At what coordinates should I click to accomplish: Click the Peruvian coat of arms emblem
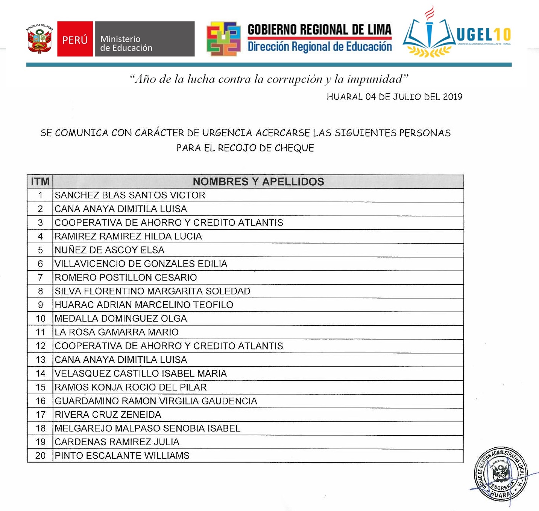coord(39,39)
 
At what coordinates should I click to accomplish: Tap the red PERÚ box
coord(75,39)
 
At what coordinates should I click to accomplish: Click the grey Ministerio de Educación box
coord(144,39)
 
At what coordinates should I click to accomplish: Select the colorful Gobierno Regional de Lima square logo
coord(223,39)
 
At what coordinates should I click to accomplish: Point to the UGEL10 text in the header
coord(484,35)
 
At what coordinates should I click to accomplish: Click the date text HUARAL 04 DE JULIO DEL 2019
coord(394,97)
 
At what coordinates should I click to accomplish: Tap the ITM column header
coord(40,182)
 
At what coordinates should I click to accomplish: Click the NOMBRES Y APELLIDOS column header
coord(258,182)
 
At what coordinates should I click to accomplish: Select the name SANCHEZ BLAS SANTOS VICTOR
coord(130,195)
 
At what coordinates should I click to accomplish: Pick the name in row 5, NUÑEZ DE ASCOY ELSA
coord(109,250)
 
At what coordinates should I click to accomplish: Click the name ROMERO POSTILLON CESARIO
coord(126,278)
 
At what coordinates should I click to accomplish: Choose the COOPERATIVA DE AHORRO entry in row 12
coord(169,346)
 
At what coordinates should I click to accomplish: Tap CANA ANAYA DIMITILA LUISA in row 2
coord(121,209)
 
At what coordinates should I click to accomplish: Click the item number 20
coord(40,456)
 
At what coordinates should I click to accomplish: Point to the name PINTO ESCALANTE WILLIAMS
coord(122,456)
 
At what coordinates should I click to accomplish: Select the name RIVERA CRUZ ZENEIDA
coord(108,415)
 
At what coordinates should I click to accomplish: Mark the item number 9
coord(40,305)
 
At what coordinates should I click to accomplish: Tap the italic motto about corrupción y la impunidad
coord(269,79)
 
